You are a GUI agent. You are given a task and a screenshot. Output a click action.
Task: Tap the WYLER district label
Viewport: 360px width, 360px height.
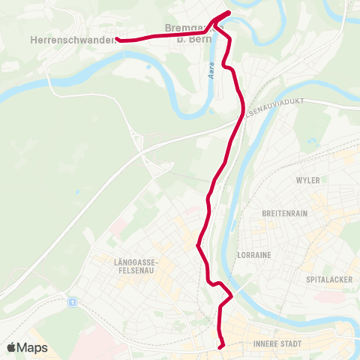(307, 181)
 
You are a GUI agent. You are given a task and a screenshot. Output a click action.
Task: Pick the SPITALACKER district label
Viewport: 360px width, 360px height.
(325, 279)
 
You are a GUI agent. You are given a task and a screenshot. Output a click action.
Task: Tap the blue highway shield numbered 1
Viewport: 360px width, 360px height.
(72, 302)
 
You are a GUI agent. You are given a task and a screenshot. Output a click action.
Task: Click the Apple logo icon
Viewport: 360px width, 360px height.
(11, 347)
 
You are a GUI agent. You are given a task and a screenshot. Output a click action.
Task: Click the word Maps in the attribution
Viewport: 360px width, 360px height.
(33, 347)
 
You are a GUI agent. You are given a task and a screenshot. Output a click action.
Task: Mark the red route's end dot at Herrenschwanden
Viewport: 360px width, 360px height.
(118, 40)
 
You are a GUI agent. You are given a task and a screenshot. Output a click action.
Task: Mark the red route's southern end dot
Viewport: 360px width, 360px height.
(220, 346)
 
